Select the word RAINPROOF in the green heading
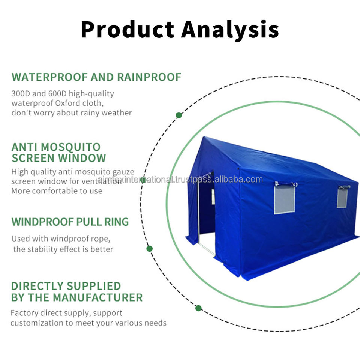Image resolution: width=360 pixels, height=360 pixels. click(x=149, y=77)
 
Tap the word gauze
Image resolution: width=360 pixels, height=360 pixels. click(x=121, y=172)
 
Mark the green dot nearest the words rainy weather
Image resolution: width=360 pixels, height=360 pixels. click(x=179, y=115)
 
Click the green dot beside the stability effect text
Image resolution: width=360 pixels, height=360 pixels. click(x=149, y=248)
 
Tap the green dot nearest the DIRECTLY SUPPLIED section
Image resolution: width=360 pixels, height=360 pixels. click(x=198, y=308)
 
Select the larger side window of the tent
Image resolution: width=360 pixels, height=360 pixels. click(x=284, y=199)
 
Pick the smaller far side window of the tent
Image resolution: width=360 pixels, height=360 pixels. click(x=342, y=198)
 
